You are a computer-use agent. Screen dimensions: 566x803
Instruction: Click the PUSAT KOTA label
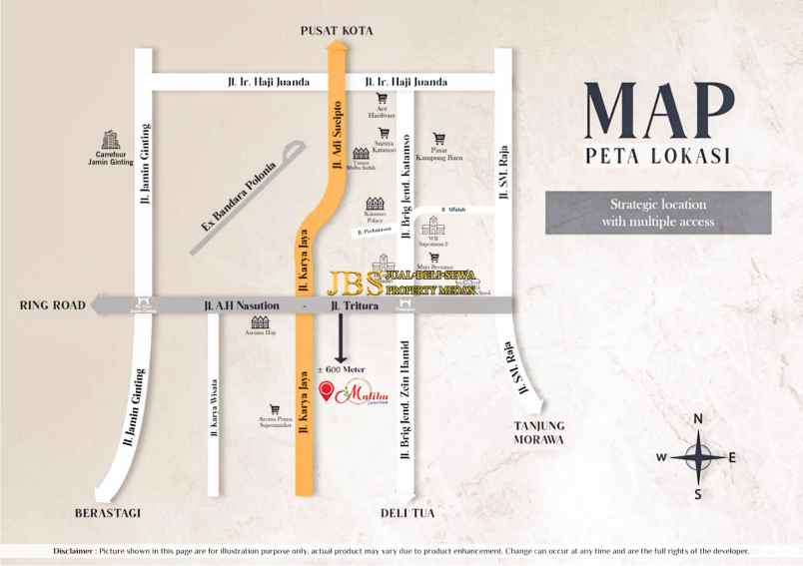tap(337, 31)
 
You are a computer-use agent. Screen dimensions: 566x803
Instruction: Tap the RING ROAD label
tap(51, 305)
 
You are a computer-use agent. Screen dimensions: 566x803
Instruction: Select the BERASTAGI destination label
tap(108, 513)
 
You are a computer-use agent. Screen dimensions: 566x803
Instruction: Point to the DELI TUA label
tap(405, 513)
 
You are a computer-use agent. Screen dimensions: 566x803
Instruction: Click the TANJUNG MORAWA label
tap(538, 432)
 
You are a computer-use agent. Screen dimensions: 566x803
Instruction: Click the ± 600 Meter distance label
tap(342, 369)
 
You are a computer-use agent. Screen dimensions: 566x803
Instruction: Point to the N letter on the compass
tap(699, 418)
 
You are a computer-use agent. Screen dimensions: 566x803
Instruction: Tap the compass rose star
tap(698, 457)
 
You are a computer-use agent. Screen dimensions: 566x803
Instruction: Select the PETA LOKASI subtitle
tap(658, 157)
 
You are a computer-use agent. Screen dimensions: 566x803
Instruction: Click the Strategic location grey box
tap(658, 213)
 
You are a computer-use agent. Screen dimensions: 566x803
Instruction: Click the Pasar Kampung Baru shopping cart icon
tap(438, 139)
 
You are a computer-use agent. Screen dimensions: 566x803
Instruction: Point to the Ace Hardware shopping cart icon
tap(382, 99)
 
